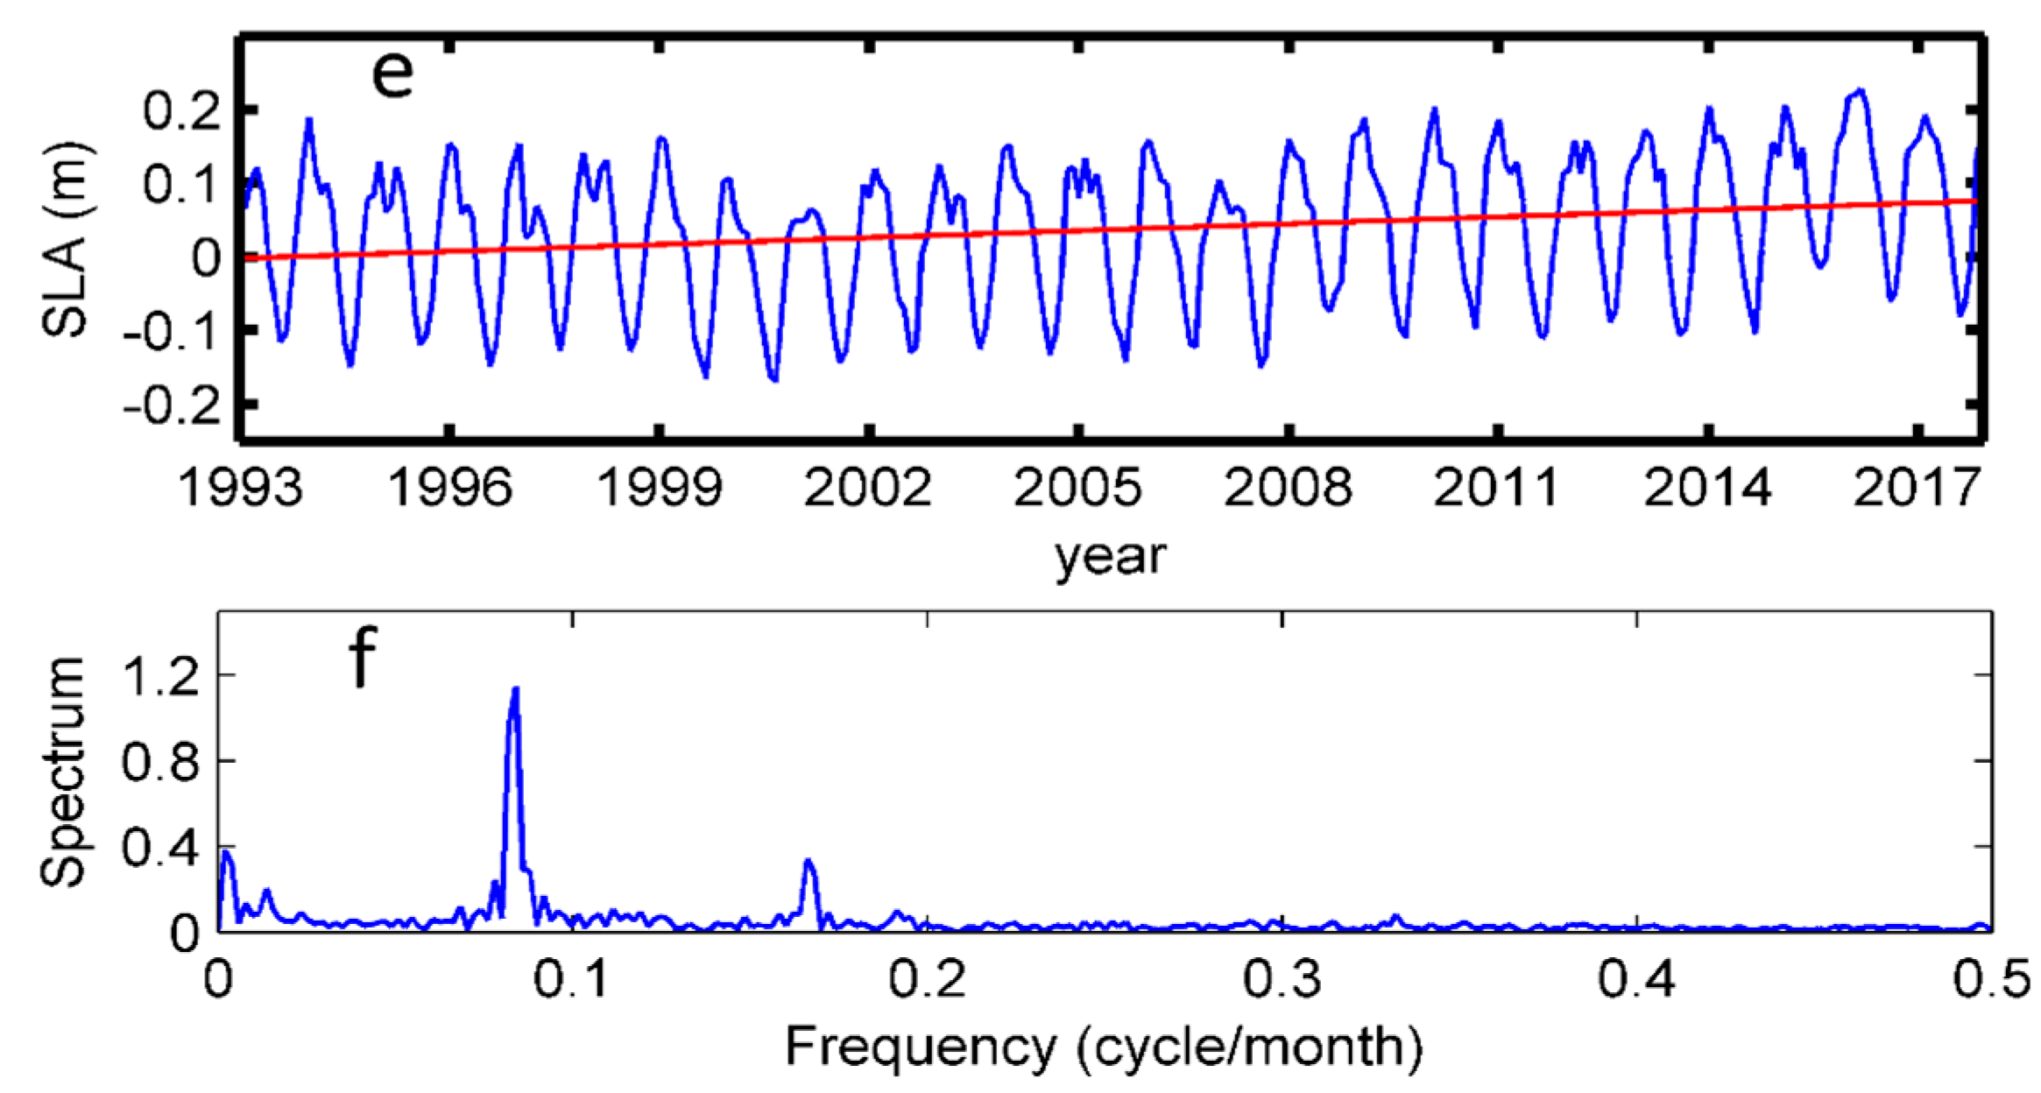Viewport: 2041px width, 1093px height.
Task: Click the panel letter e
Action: [x=392, y=75]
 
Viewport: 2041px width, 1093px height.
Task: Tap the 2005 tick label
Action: [x=1077, y=487]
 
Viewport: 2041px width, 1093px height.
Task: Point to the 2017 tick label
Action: [x=1917, y=487]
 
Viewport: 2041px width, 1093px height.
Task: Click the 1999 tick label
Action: [x=659, y=487]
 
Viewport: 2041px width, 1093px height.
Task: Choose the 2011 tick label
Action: [x=1496, y=487]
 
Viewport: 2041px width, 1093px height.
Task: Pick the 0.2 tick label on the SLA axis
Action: [x=182, y=111]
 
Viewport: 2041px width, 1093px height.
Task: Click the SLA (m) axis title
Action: [x=66, y=238]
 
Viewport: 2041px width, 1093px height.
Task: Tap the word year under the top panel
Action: [x=1111, y=556]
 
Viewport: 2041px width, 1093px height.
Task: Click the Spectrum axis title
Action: [x=63, y=771]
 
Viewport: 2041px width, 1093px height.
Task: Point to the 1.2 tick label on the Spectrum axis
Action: [x=162, y=676]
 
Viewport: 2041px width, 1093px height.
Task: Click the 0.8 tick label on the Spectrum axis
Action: [x=162, y=762]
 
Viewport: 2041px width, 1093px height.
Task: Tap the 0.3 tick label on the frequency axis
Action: [x=1282, y=979]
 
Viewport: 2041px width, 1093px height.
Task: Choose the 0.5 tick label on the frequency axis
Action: [x=1990, y=979]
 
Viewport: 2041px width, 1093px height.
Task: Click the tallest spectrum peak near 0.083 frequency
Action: [x=516, y=690]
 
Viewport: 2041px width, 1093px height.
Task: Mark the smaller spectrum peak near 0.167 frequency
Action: [x=808, y=862]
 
